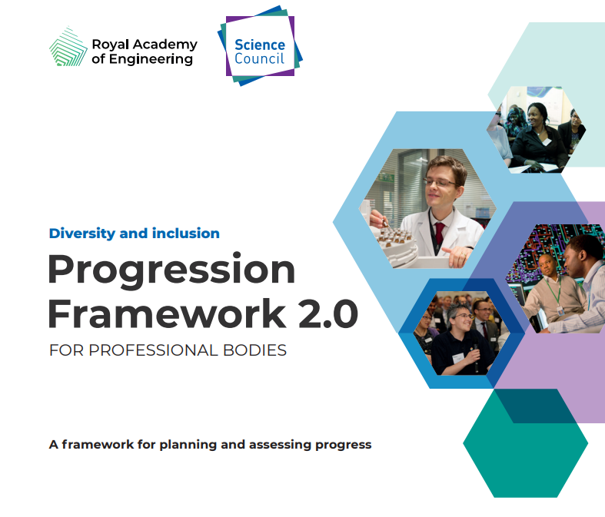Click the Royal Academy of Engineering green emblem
pos(68,47)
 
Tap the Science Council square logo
pos(260,46)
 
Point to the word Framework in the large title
pos(167,313)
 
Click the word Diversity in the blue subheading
pos(82,234)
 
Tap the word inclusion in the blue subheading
pos(185,234)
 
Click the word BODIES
pos(254,350)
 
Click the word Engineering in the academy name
pos(151,59)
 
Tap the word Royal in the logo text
pos(110,45)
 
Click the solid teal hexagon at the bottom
pos(526,443)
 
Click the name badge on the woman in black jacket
pos(547,141)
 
